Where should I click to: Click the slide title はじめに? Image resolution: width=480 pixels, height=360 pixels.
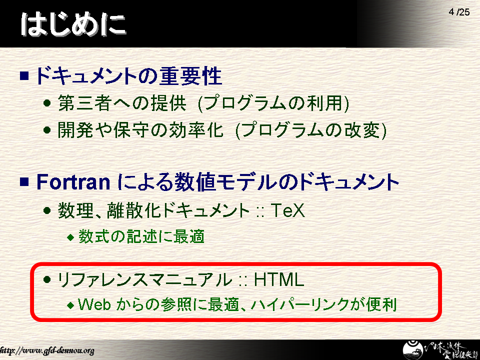[x=73, y=24]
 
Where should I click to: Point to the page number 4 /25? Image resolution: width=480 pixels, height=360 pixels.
[x=459, y=12]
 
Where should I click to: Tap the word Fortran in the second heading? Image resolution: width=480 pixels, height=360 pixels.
[x=73, y=182]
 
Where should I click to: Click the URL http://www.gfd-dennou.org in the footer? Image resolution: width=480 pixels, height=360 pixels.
[x=47, y=350]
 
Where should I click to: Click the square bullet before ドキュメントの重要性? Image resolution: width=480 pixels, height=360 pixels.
[x=24, y=75]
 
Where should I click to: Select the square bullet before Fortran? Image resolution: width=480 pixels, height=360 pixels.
[x=24, y=181]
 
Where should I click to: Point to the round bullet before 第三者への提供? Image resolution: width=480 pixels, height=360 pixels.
[x=47, y=103]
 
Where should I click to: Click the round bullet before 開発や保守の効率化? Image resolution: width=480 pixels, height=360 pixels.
[x=47, y=130]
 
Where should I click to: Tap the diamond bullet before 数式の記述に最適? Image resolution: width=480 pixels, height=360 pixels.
[x=70, y=237]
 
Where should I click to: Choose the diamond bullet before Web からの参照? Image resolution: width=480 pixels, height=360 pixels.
[x=70, y=305]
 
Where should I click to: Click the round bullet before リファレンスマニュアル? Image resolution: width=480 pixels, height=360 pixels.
[x=47, y=279]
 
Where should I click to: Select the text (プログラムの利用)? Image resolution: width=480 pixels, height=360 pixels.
[x=273, y=103]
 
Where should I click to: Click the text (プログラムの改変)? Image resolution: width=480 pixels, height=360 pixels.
[x=311, y=130]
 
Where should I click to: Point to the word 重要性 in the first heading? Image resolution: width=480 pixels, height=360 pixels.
[x=190, y=75]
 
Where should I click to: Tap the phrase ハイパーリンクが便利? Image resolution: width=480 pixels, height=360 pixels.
[x=324, y=304]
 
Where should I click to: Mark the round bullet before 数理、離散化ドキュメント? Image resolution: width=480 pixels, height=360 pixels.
[x=47, y=210]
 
